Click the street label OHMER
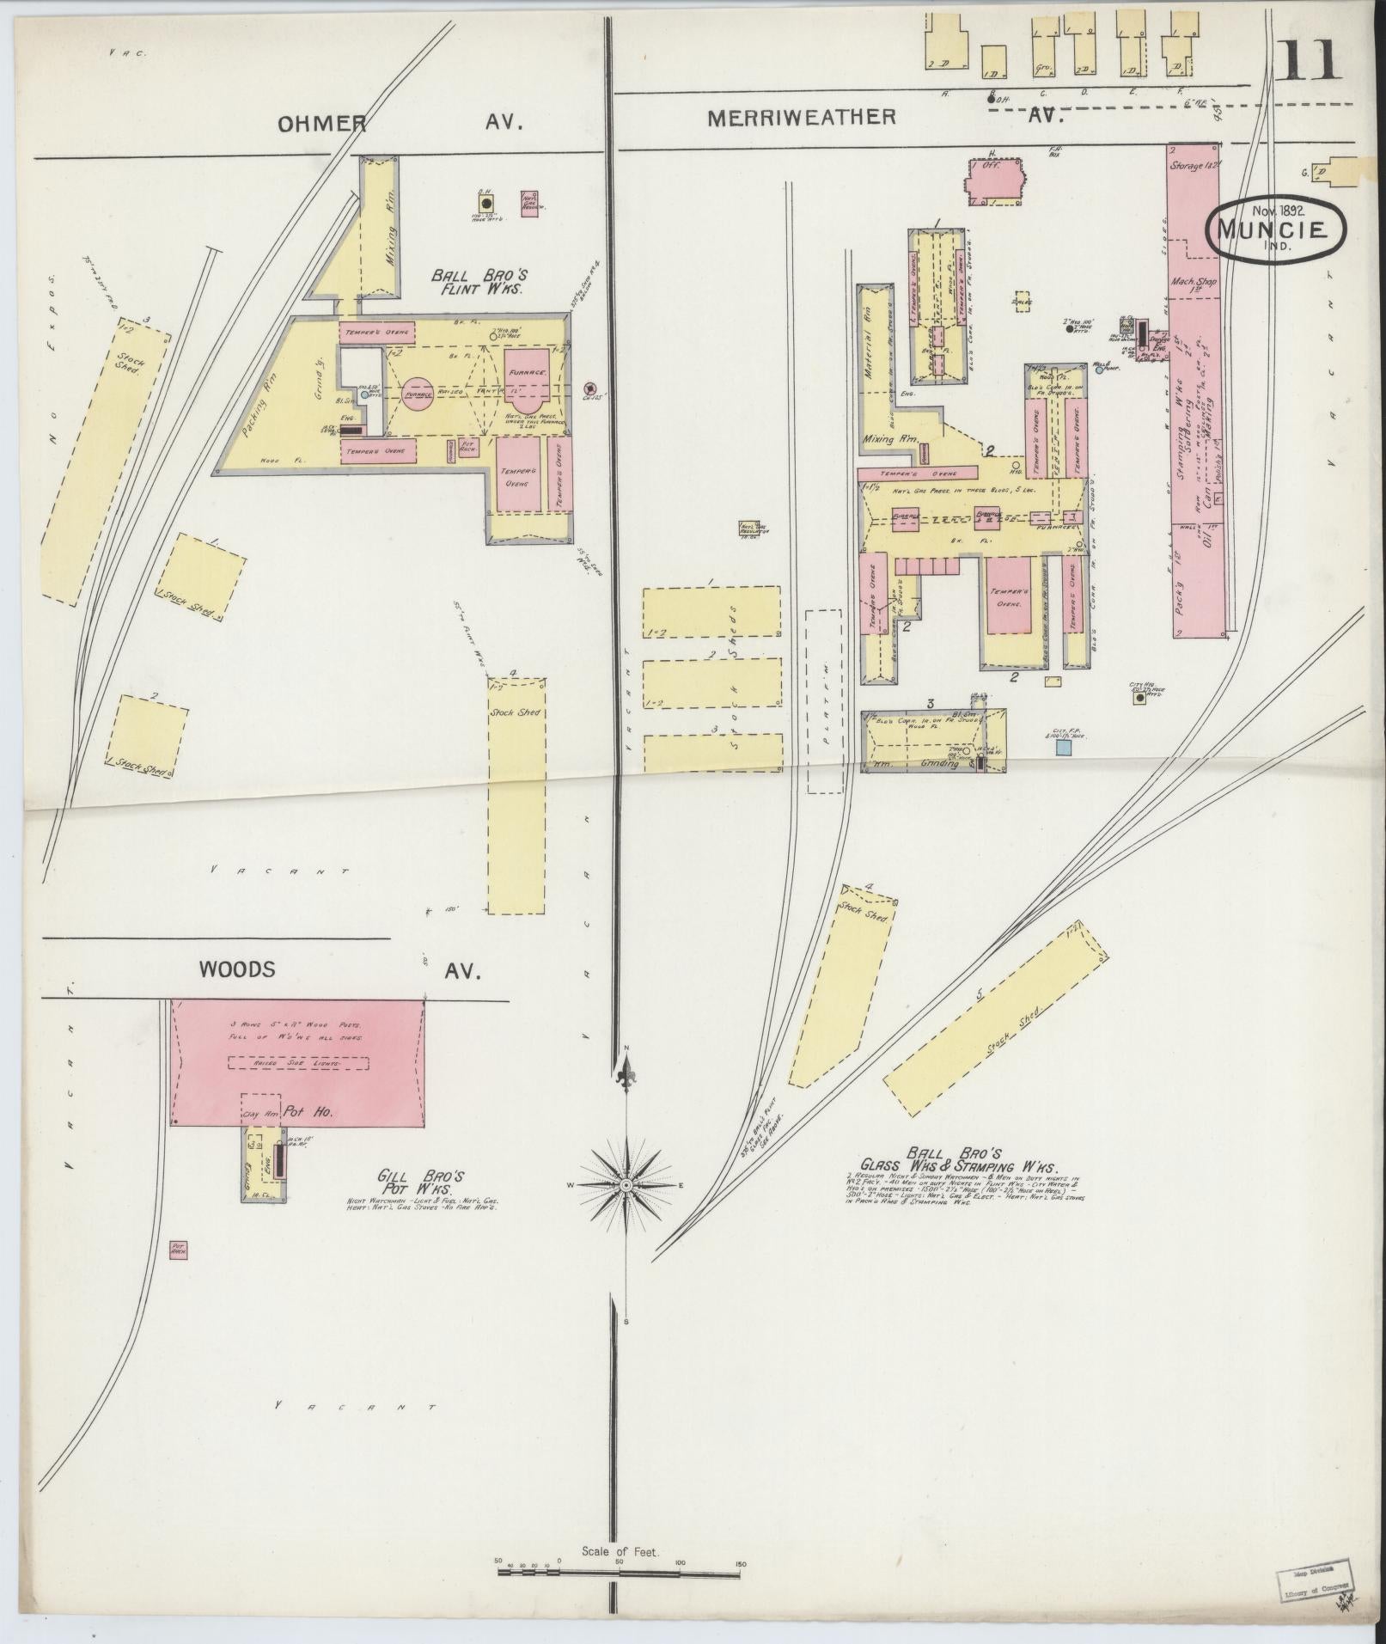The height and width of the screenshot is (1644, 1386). click(x=321, y=123)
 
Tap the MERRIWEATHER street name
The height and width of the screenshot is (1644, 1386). click(x=801, y=118)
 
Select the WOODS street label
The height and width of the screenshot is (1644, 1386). click(x=237, y=969)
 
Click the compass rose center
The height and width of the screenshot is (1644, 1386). click(x=627, y=1185)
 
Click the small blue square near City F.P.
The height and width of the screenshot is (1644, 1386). click(x=1064, y=748)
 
